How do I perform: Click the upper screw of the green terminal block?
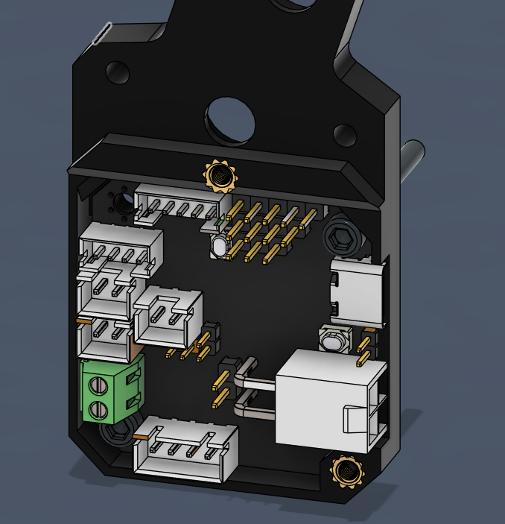98,385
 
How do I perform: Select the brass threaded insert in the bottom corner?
346,470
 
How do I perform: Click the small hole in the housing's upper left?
118,72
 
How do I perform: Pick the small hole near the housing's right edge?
344,135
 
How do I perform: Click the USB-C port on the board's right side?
358,294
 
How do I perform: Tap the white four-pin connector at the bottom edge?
185,449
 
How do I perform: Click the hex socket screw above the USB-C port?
343,239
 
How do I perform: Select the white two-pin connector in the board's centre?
168,317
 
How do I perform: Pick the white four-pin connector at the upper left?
121,246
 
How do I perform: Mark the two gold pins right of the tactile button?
364,350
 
